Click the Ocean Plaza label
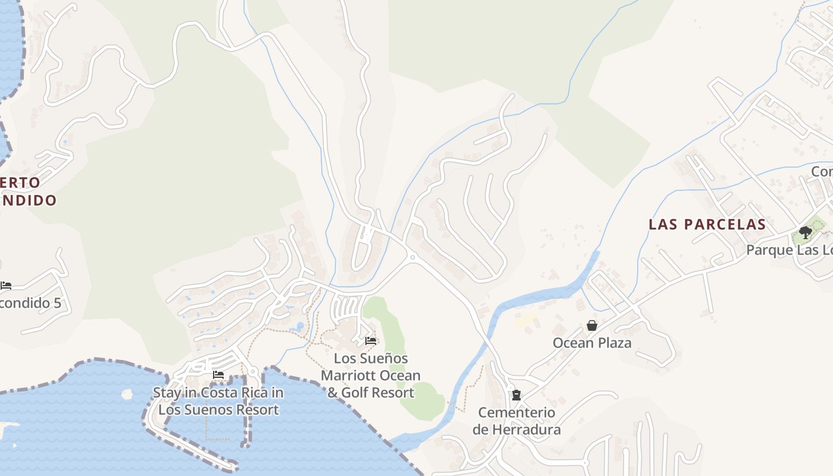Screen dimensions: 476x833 pos(591,343)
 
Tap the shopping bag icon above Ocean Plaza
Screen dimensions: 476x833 pos(592,325)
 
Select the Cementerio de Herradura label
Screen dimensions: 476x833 pos(516,421)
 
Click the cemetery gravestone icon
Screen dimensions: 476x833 pos(516,394)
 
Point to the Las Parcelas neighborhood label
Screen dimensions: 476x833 pos(707,224)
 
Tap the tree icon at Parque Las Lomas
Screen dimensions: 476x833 pos(806,232)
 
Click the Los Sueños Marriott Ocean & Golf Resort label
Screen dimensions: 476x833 pos(371,375)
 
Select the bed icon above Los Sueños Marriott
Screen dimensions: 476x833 pos(371,341)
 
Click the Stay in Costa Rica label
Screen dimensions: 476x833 pos(218,401)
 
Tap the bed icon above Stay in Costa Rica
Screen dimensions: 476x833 pos(218,375)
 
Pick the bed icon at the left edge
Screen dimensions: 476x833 pos(6,286)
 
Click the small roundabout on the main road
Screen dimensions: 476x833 pos(412,257)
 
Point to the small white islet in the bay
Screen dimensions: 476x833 pos(126,393)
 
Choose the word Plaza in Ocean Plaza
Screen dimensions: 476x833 pos(614,343)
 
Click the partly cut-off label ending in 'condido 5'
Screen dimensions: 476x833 pos(30,303)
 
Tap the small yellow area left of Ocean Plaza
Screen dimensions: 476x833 pos(525,321)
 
